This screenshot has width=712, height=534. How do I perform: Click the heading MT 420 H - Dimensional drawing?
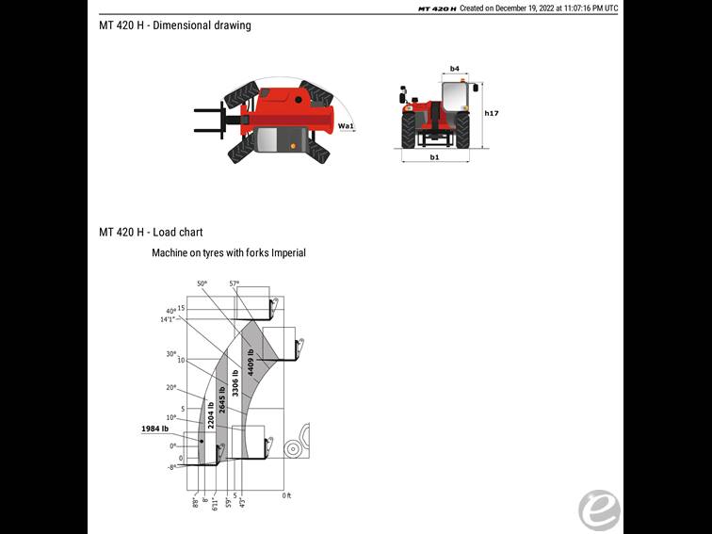pyautogui.click(x=175, y=25)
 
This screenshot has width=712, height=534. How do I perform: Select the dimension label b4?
pyautogui.click(x=455, y=69)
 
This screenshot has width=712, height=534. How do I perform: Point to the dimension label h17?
pyautogui.click(x=491, y=114)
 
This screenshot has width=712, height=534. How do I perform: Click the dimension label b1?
pyautogui.click(x=434, y=157)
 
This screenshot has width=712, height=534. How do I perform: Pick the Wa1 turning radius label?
pyautogui.click(x=346, y=125)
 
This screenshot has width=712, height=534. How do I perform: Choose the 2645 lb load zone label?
pyautogui.click(x=222, y=400)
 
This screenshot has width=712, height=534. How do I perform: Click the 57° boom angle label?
pyautogui.click(x=235, y=283)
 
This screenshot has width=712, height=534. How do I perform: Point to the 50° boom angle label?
pyautogui.click(x=202, y=283)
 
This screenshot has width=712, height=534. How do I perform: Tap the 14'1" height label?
pyautogui.click(x=168, y=319)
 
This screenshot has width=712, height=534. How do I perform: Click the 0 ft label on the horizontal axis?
pyautogui.click(x=287, y=494)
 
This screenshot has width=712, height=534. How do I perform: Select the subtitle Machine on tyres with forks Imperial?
pyautogui.click(x=229, y=253)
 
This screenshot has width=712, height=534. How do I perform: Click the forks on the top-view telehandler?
pyautogui.click(x=209, y=123)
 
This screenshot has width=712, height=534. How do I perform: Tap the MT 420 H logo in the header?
pyautogui.click(x=437, y=8)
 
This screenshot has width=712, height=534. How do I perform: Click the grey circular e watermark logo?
pyautogui.click(x=599, y=510)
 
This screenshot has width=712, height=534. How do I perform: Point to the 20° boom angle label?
pyautogui.click(x=171, y=387)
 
